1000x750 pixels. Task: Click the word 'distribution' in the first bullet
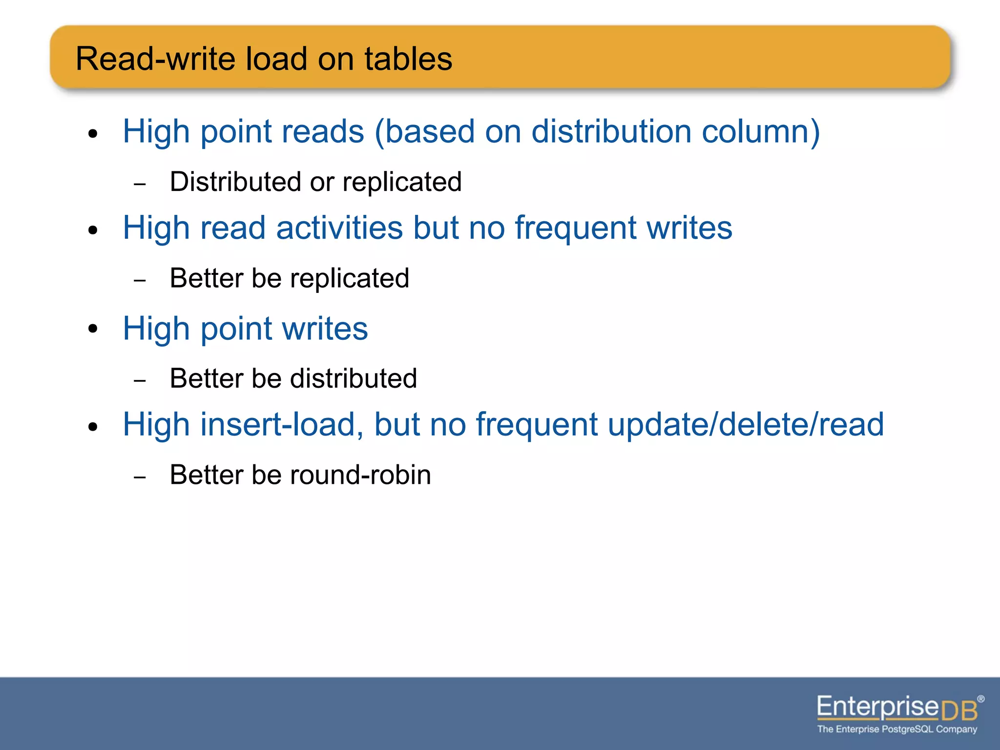click(611, 132)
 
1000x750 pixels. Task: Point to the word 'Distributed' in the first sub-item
click(235, 182)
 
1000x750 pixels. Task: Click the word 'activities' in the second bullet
click(339, 228)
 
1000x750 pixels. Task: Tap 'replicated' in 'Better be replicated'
click(349, 279)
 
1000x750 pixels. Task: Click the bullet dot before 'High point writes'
click(93, 329)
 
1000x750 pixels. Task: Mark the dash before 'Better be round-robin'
click(140, 477)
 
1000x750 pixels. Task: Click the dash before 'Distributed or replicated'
click(140, 184)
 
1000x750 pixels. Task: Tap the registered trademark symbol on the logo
click(980, 699)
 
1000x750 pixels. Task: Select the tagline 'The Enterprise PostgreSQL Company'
click(897, 729)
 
